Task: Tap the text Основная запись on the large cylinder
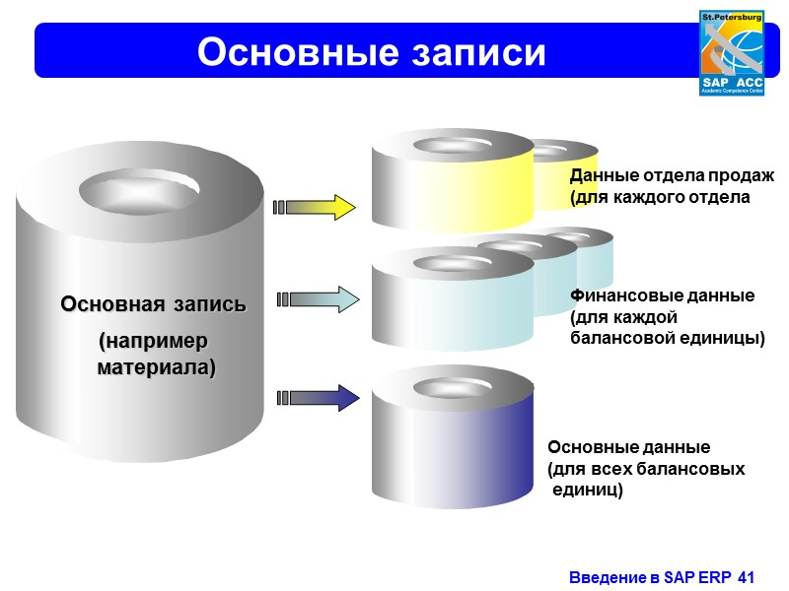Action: (x=154, y=303)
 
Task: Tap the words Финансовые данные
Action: (x=663, y=295)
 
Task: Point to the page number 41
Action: (x=745, y=576)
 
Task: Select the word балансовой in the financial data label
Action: (x=620, y=338)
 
